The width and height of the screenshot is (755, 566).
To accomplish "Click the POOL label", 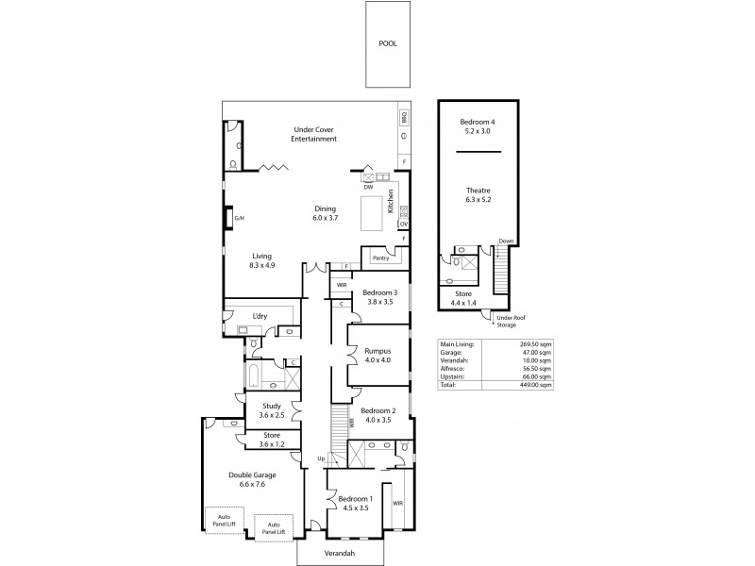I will [388, 43].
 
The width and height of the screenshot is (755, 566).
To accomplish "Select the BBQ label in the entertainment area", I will [404, 117].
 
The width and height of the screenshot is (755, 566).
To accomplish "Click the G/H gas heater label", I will [239, 219].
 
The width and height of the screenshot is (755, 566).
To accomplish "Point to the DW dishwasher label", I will [368, 187].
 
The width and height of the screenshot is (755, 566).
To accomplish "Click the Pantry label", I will [380, 257].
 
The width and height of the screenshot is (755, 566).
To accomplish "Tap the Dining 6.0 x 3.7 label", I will [326, 213].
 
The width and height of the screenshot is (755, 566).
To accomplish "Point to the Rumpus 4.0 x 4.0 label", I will [377, 355].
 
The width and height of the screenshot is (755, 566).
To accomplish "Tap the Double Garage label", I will [251, 480].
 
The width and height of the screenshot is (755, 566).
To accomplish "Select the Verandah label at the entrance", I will [340, 554].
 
